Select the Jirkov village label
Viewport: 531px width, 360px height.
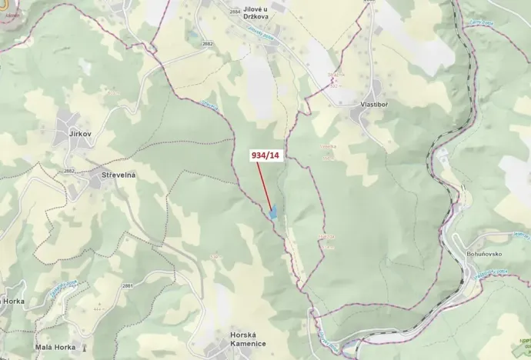80,134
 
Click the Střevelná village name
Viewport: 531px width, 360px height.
119,175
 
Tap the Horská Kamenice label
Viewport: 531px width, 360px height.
248,339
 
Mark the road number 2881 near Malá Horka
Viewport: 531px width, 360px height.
128,285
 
